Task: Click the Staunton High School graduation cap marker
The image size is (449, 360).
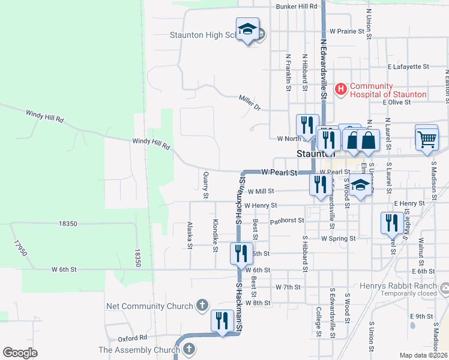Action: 247,29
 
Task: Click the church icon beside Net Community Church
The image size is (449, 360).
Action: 203,306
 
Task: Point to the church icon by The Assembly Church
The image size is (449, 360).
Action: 188,349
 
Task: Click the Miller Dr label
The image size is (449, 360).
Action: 250,103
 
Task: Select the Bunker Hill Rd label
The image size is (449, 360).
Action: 296,7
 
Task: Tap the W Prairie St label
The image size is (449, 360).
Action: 348,31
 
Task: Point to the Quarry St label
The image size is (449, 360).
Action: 205,185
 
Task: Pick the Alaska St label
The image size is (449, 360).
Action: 190,235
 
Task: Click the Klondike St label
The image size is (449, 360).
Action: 215,235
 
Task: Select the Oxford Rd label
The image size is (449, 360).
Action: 133,338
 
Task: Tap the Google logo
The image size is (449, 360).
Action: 20,353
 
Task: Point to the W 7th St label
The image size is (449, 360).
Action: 288,287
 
